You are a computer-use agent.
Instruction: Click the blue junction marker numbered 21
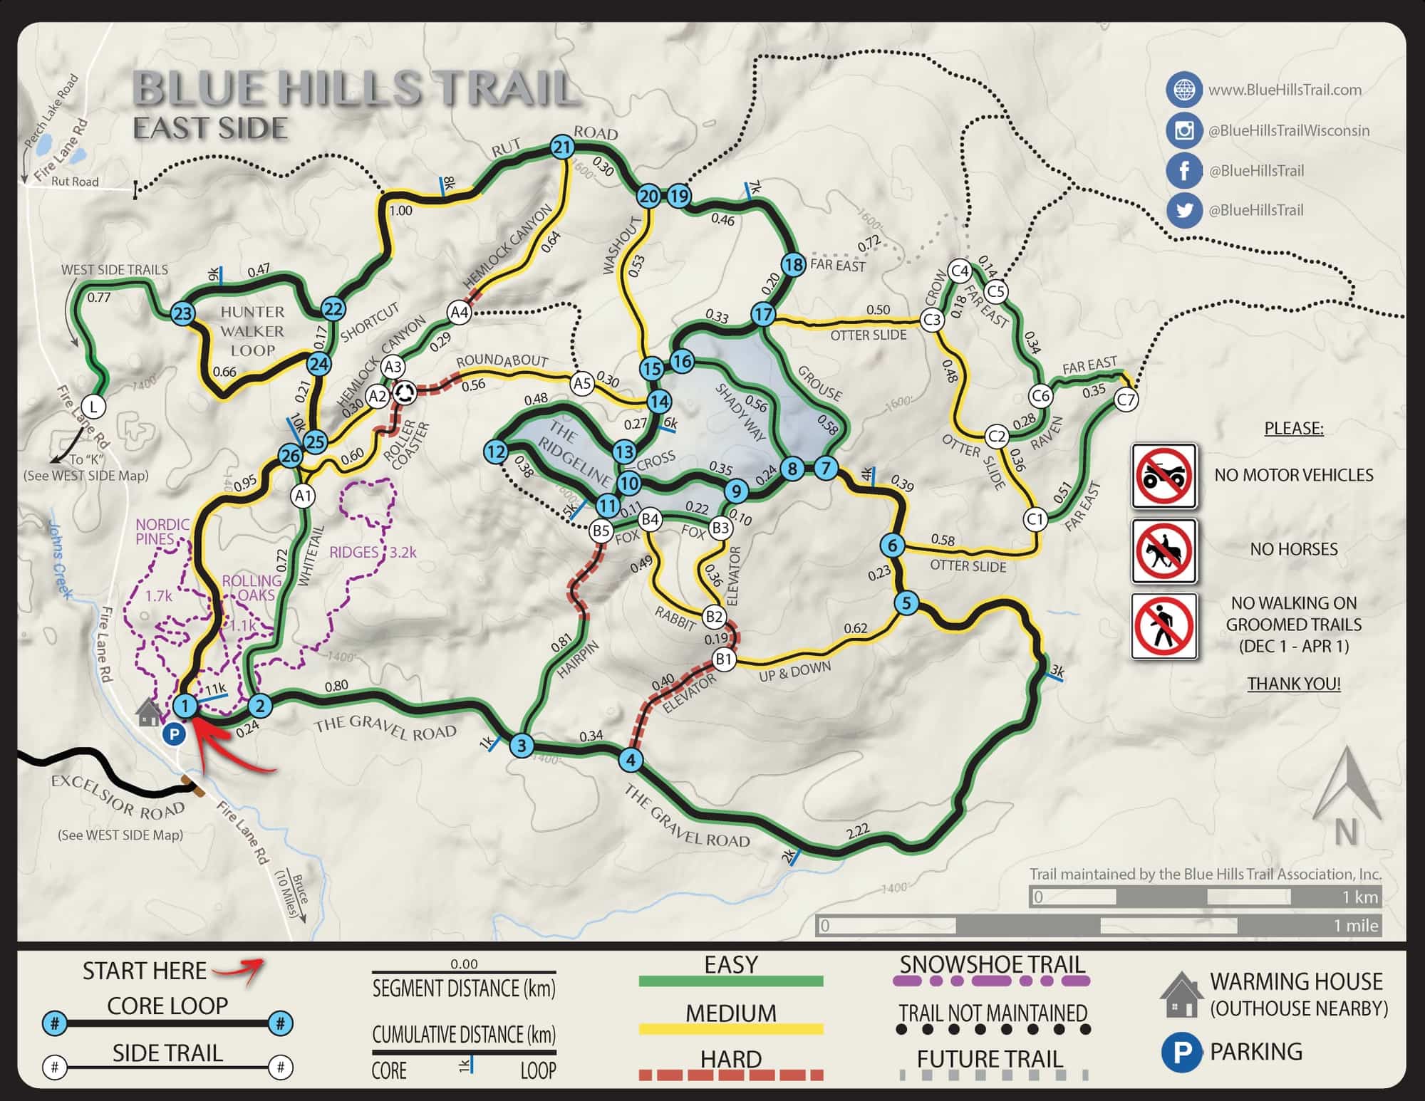click(563, 147)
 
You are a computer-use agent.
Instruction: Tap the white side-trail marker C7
click(1126, 400)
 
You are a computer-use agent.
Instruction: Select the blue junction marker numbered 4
click(630, 760)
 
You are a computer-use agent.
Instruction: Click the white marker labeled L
click(93, 407)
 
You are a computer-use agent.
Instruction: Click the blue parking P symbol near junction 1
click(174, 734)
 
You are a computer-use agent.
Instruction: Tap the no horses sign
click(1164, 550)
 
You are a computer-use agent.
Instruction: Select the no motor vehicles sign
click(1164, 476)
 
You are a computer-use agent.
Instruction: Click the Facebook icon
click(1183, 171)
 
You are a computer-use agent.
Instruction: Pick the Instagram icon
click(1183, 130)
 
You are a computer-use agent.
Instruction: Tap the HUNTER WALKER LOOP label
click(252, 331)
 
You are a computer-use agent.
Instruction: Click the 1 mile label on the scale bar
click(1356, 926)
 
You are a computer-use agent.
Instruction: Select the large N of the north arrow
click(1346, 832)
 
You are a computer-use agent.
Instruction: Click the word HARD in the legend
click(730, 1059)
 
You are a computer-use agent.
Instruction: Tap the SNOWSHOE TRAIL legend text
click(992, 965)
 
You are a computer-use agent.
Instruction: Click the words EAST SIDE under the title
click(210, 128)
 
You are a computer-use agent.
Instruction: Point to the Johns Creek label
click(61, 559)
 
